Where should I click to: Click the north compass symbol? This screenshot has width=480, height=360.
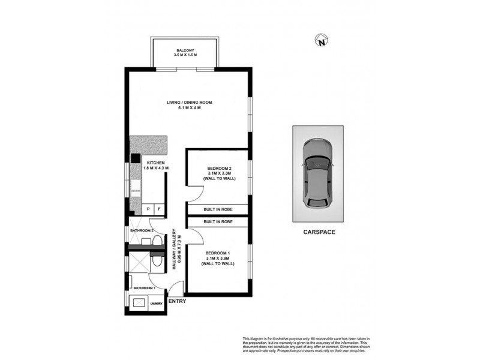323,41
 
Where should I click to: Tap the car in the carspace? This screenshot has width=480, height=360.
317,173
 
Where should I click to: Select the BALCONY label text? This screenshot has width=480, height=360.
185,52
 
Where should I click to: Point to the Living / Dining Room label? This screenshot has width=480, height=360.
189,105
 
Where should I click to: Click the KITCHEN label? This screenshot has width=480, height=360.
155,165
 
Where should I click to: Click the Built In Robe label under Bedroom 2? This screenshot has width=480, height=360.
217,209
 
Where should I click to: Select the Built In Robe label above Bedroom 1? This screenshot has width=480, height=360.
217,222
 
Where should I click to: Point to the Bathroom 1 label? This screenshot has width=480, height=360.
145,288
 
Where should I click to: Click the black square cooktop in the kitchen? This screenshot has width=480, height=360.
136,159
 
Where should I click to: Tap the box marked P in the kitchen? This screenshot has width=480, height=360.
148,209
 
